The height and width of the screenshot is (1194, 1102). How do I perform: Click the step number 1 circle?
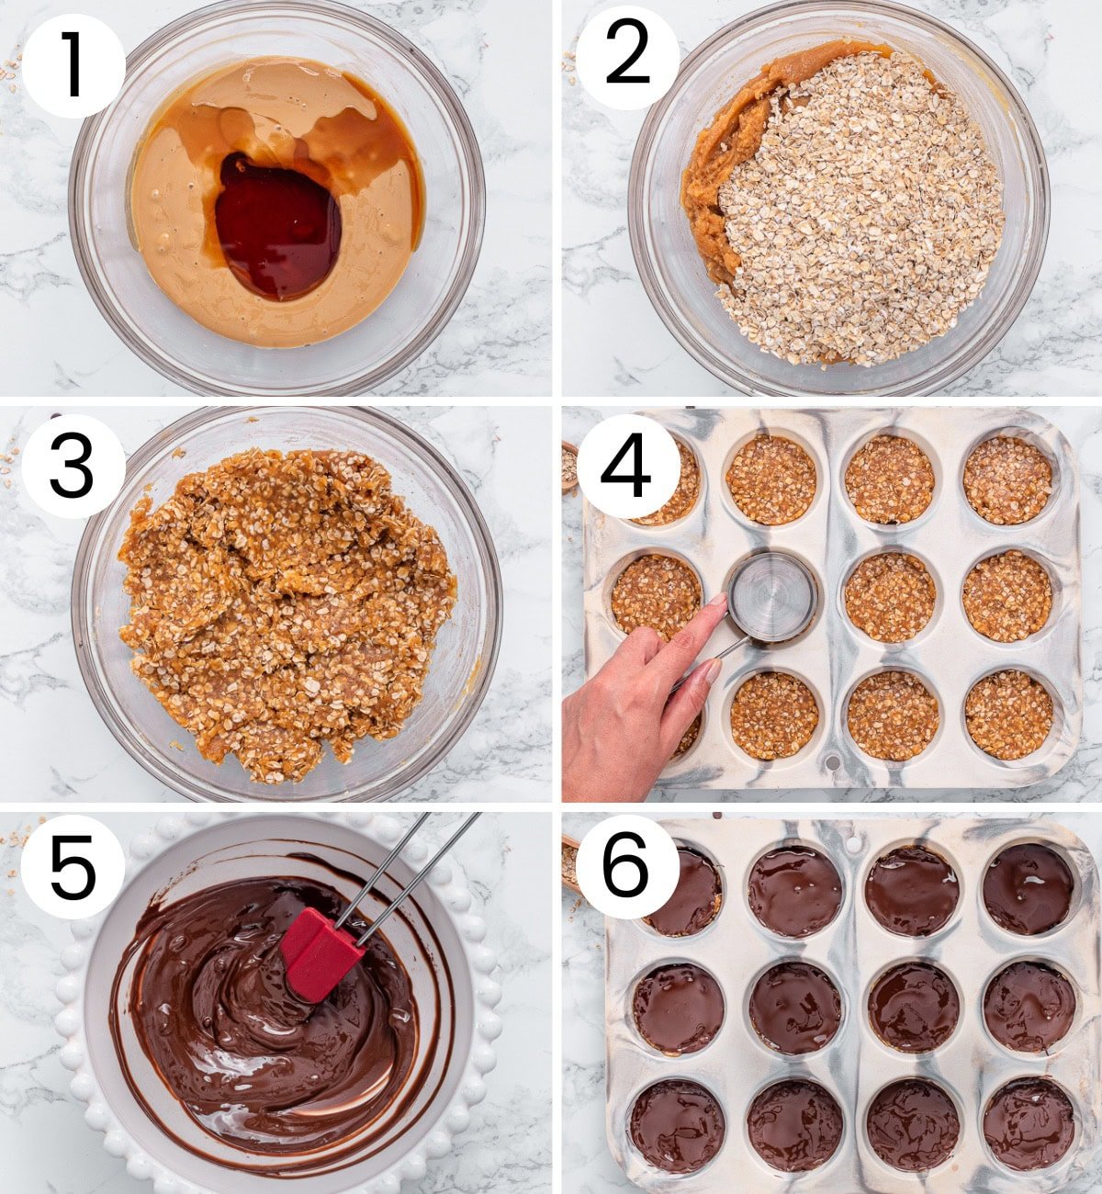(x=73, y=65)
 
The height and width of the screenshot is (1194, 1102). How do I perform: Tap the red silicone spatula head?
(x=320, y=952)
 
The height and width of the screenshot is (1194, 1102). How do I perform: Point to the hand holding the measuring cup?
(x=634, y=698)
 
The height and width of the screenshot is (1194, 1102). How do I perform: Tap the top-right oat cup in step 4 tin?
(x=1007, y=480)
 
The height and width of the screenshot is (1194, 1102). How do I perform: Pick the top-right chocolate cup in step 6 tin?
(x=1028, y=888)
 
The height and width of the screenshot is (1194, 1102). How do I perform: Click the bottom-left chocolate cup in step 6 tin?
(x=677, y=1125)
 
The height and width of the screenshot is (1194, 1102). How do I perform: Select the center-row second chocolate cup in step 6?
(x=794, y=1008)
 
